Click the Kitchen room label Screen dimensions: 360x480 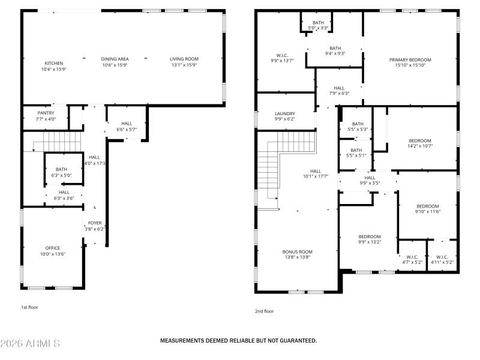[x=53, y=63]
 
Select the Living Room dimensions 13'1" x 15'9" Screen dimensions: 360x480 [x=184, y=65]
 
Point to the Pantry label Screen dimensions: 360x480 [x=46, y=113]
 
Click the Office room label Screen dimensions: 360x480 [x=53, y=248]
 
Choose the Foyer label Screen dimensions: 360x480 [x=95, y=223]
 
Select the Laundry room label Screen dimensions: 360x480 [x=284, y=113]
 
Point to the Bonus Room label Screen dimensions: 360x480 [x=298, y=252]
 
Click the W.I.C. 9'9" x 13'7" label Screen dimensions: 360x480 [x=282, y=58]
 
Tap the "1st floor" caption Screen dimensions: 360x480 [x=29, y=307]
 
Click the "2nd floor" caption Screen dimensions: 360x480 [x=264, y=311]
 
